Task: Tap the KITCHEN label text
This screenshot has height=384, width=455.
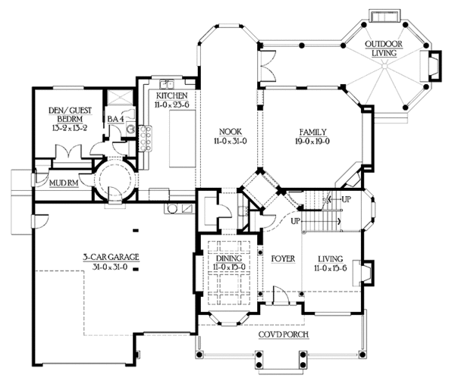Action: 172,95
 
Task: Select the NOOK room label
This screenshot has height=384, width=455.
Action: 231,132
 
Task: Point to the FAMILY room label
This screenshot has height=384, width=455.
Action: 312,132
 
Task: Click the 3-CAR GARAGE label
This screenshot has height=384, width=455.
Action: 111,257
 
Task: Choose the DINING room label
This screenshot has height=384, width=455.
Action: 229,258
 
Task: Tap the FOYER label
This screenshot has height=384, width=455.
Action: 283,259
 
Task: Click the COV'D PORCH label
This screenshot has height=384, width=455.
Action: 284,335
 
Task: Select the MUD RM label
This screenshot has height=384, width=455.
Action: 64,183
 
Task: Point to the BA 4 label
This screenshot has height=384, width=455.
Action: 116,119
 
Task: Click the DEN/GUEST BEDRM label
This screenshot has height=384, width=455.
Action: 70,114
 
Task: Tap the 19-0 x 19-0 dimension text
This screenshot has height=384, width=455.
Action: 312,142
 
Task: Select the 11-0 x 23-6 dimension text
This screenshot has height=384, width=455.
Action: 172,105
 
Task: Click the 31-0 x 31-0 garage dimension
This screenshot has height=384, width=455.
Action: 110,267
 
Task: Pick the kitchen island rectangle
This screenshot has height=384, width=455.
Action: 182,139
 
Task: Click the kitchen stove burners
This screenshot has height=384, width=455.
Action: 145,139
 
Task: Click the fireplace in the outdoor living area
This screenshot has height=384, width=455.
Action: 431,66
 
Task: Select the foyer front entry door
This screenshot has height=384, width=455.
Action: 281,295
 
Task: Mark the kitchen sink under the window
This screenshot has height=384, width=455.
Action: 167,84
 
